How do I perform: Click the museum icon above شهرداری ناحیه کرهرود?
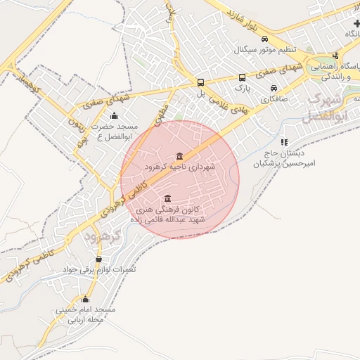(x=179, y=156)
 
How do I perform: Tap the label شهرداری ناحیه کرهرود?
(x=179, y=167)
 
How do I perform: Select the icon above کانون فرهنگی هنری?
(x=167, y=198)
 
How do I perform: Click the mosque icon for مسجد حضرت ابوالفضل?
(x=114, y=116)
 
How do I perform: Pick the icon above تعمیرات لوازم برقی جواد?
(x=98, y=259)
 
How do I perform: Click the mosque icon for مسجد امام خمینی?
(x=86, y=299)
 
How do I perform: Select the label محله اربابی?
(x=86, y=320)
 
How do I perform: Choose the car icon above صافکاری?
(x=274, y=89)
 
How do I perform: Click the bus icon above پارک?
(x=242, y=78)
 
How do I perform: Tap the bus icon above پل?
(x=201, y=82)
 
